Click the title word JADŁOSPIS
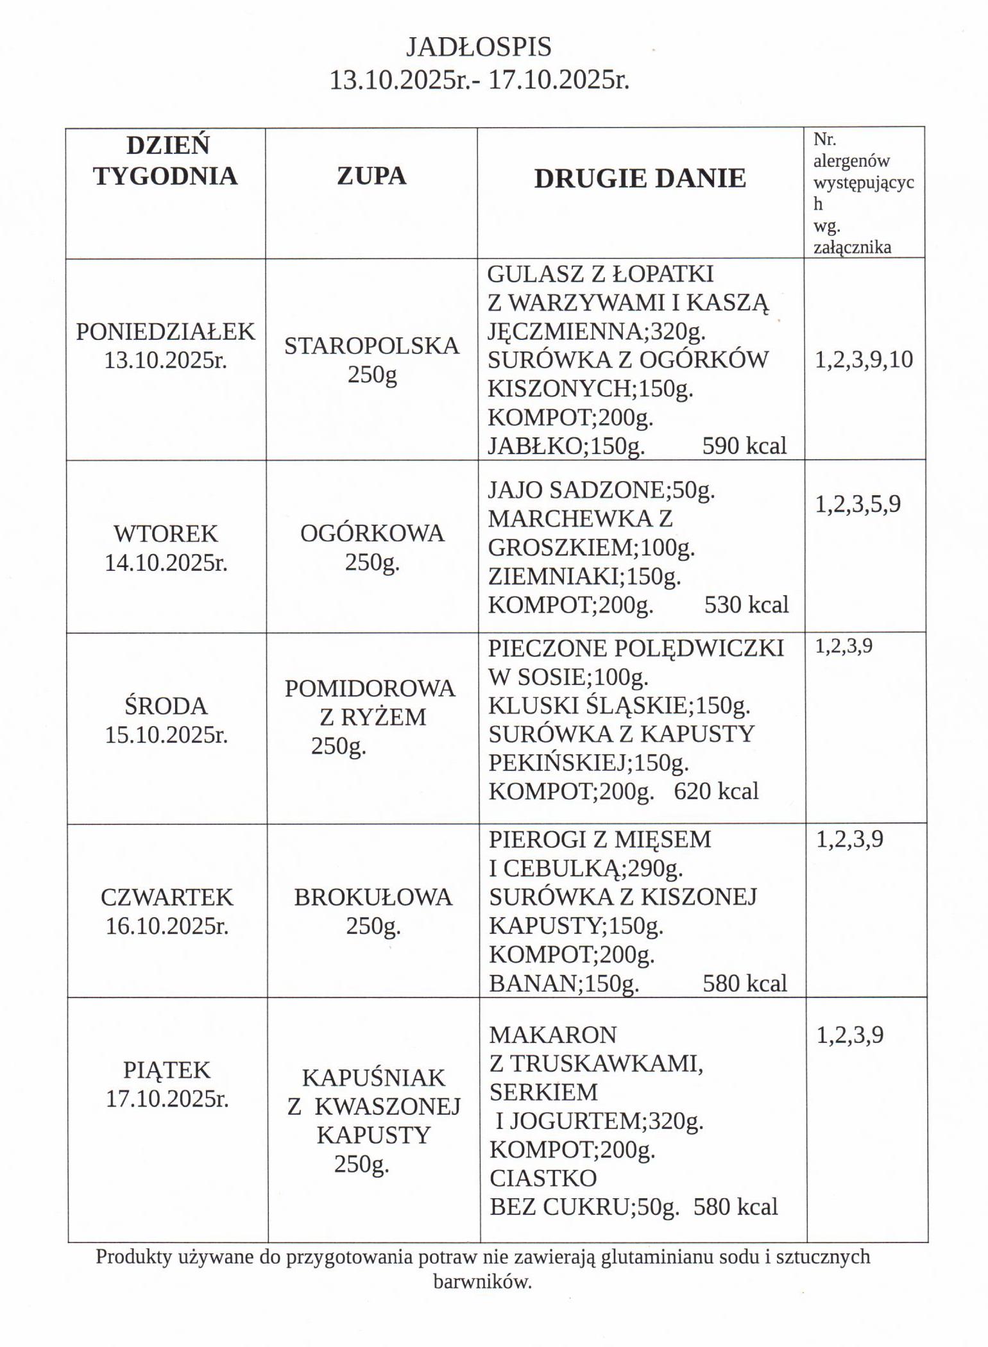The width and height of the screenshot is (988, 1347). (x=479, y=47)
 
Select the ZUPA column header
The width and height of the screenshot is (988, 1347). (x=371, y=176)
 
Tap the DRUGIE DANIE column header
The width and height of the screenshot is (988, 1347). (x=640, y=178)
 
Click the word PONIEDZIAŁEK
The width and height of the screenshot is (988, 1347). (x=166, y=332)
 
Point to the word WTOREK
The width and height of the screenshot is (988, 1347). (x=166, y=534)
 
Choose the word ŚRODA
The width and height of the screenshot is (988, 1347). (x=166, y=706)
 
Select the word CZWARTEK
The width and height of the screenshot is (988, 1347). (x=167, y=897)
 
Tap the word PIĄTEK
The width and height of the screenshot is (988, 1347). (x=167, y=1070)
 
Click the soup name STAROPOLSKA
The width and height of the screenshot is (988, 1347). (x=371, y=346)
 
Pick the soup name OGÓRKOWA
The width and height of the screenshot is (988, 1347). (x=372, y=534)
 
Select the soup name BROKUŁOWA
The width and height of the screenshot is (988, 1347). (x=373, y=897)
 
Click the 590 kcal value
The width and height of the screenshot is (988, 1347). (x=744, y=446)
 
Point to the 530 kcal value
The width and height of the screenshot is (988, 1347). (x=746, y=604)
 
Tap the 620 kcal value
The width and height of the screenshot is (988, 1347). (x=716, y=791)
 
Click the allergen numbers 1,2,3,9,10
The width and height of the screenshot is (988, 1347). (x=864, y=360)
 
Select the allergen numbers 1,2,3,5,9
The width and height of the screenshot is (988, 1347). (x=858, y=504)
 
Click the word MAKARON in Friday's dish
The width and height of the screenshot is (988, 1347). (x=552, y=1035)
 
